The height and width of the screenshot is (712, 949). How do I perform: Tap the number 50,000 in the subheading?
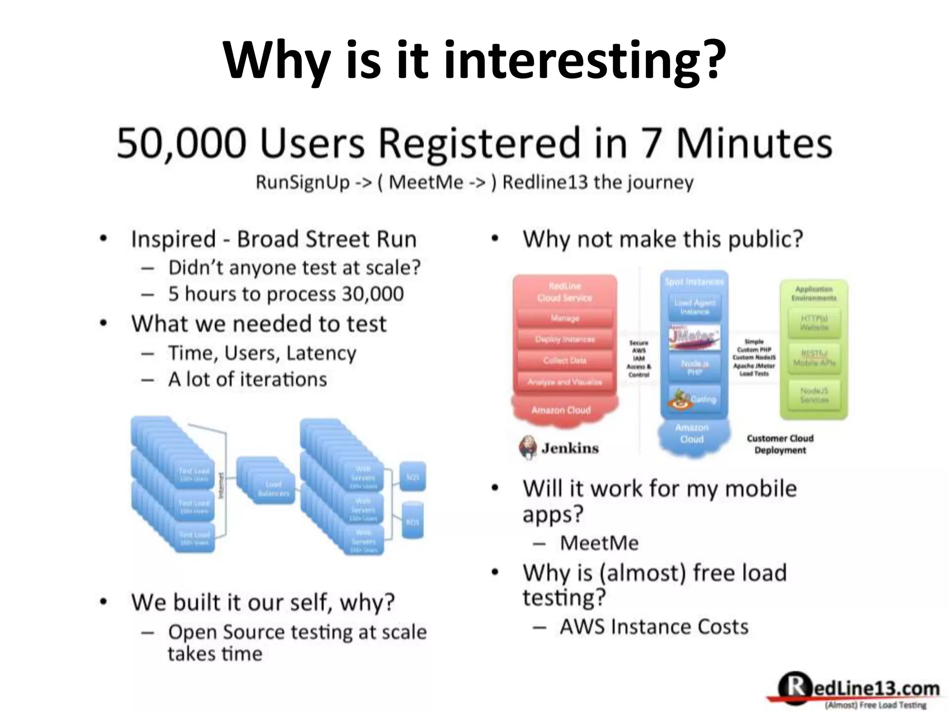tap(181, 143)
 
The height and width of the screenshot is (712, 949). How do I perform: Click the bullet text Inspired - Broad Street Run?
tap(273, 240)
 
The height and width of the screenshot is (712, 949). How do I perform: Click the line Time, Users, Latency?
tap(262, 353)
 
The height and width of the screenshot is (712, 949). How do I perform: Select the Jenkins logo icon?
tap(528, 448)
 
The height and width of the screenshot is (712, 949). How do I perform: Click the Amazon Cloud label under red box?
tap(561, 410)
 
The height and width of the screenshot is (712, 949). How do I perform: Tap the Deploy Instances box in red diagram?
tap(564, 339)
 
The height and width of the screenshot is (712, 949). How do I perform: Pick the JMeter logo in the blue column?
tap(694, 337)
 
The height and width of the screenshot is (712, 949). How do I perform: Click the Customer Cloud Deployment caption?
tap(780, 444)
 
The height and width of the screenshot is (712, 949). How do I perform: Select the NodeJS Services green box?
tap(814, 395)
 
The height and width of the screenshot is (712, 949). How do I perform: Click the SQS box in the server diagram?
tap(412, 477)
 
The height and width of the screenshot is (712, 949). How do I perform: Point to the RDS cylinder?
tap(412, 521)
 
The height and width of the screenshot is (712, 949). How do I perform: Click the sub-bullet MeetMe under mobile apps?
tap(599, 543)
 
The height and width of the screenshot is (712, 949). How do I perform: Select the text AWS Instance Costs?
tap(653, 627)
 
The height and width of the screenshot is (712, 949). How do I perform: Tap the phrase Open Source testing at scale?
tap(297, 632)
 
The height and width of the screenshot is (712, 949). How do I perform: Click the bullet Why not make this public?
tap(663, 240)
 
